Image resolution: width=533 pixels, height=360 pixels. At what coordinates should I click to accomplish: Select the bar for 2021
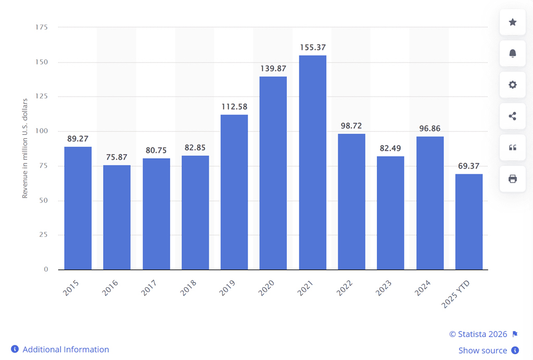pyautogui.click(x=312, y=162)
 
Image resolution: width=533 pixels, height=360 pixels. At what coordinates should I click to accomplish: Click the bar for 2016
pyautogui.click(x=117, y=217)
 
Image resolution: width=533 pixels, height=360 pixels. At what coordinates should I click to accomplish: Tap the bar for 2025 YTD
pyautogui.click(x=468, y=222)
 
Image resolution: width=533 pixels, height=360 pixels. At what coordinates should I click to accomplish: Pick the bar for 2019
pyautogui.click(x=234, y=192)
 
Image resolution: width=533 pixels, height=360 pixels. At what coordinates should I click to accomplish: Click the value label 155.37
pyautogui.click(x=312, y=47)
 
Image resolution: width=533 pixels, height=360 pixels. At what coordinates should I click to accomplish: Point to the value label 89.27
pyautogui.click(x=78, y=139)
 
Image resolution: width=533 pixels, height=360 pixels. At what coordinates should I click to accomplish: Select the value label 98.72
pyautogui.click(x=351, y=126)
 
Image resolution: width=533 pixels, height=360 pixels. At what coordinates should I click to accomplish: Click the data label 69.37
pyautogui.click(x=468, y=166)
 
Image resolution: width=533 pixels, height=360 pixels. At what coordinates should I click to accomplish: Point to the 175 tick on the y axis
pyautogui.click(x=42, y=27)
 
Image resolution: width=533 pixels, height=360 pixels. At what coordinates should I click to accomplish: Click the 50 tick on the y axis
pyautogui.click(x=44, y=200)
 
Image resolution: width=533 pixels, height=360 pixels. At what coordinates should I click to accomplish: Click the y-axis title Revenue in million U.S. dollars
pyautogui.click(x=24, y=148)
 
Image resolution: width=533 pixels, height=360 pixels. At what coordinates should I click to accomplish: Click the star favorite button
pyautogui.click(x=512, y=22)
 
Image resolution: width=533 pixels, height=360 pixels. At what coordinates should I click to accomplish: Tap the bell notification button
pyautogui.click(x=512, y=54)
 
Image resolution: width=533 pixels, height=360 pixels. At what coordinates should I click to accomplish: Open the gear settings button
pyautogui.click(x=512, y=85)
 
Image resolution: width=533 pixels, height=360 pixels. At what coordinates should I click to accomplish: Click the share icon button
pyautogui.click(x=512, y=116)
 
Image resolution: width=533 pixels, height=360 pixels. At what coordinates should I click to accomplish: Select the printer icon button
pyautogui.click(x=512, y=179)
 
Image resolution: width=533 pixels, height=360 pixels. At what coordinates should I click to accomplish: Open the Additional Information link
pyautogui.click(x=66, y=350)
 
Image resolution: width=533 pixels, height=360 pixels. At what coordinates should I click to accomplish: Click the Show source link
pyautogui.click(x=483, y=351)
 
